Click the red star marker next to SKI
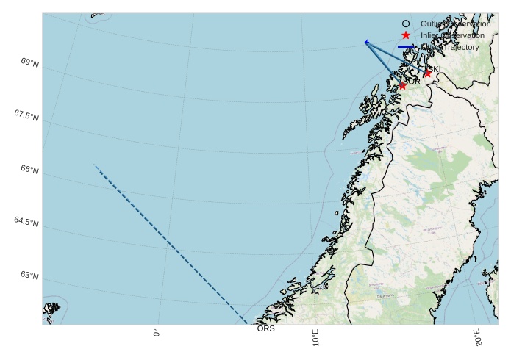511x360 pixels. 427,73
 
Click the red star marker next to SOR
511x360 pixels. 402,85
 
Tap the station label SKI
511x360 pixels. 435,69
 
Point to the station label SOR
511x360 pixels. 413,81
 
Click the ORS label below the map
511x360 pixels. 265,328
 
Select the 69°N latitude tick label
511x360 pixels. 30,64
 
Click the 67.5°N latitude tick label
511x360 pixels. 26,116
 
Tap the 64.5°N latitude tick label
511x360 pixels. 26,222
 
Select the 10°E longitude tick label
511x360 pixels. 315,339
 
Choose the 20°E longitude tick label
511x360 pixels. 479,339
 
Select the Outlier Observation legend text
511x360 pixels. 455,24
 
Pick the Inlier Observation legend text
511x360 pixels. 452,35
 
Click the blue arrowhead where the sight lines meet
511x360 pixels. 366,42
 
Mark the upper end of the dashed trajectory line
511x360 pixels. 96,166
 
